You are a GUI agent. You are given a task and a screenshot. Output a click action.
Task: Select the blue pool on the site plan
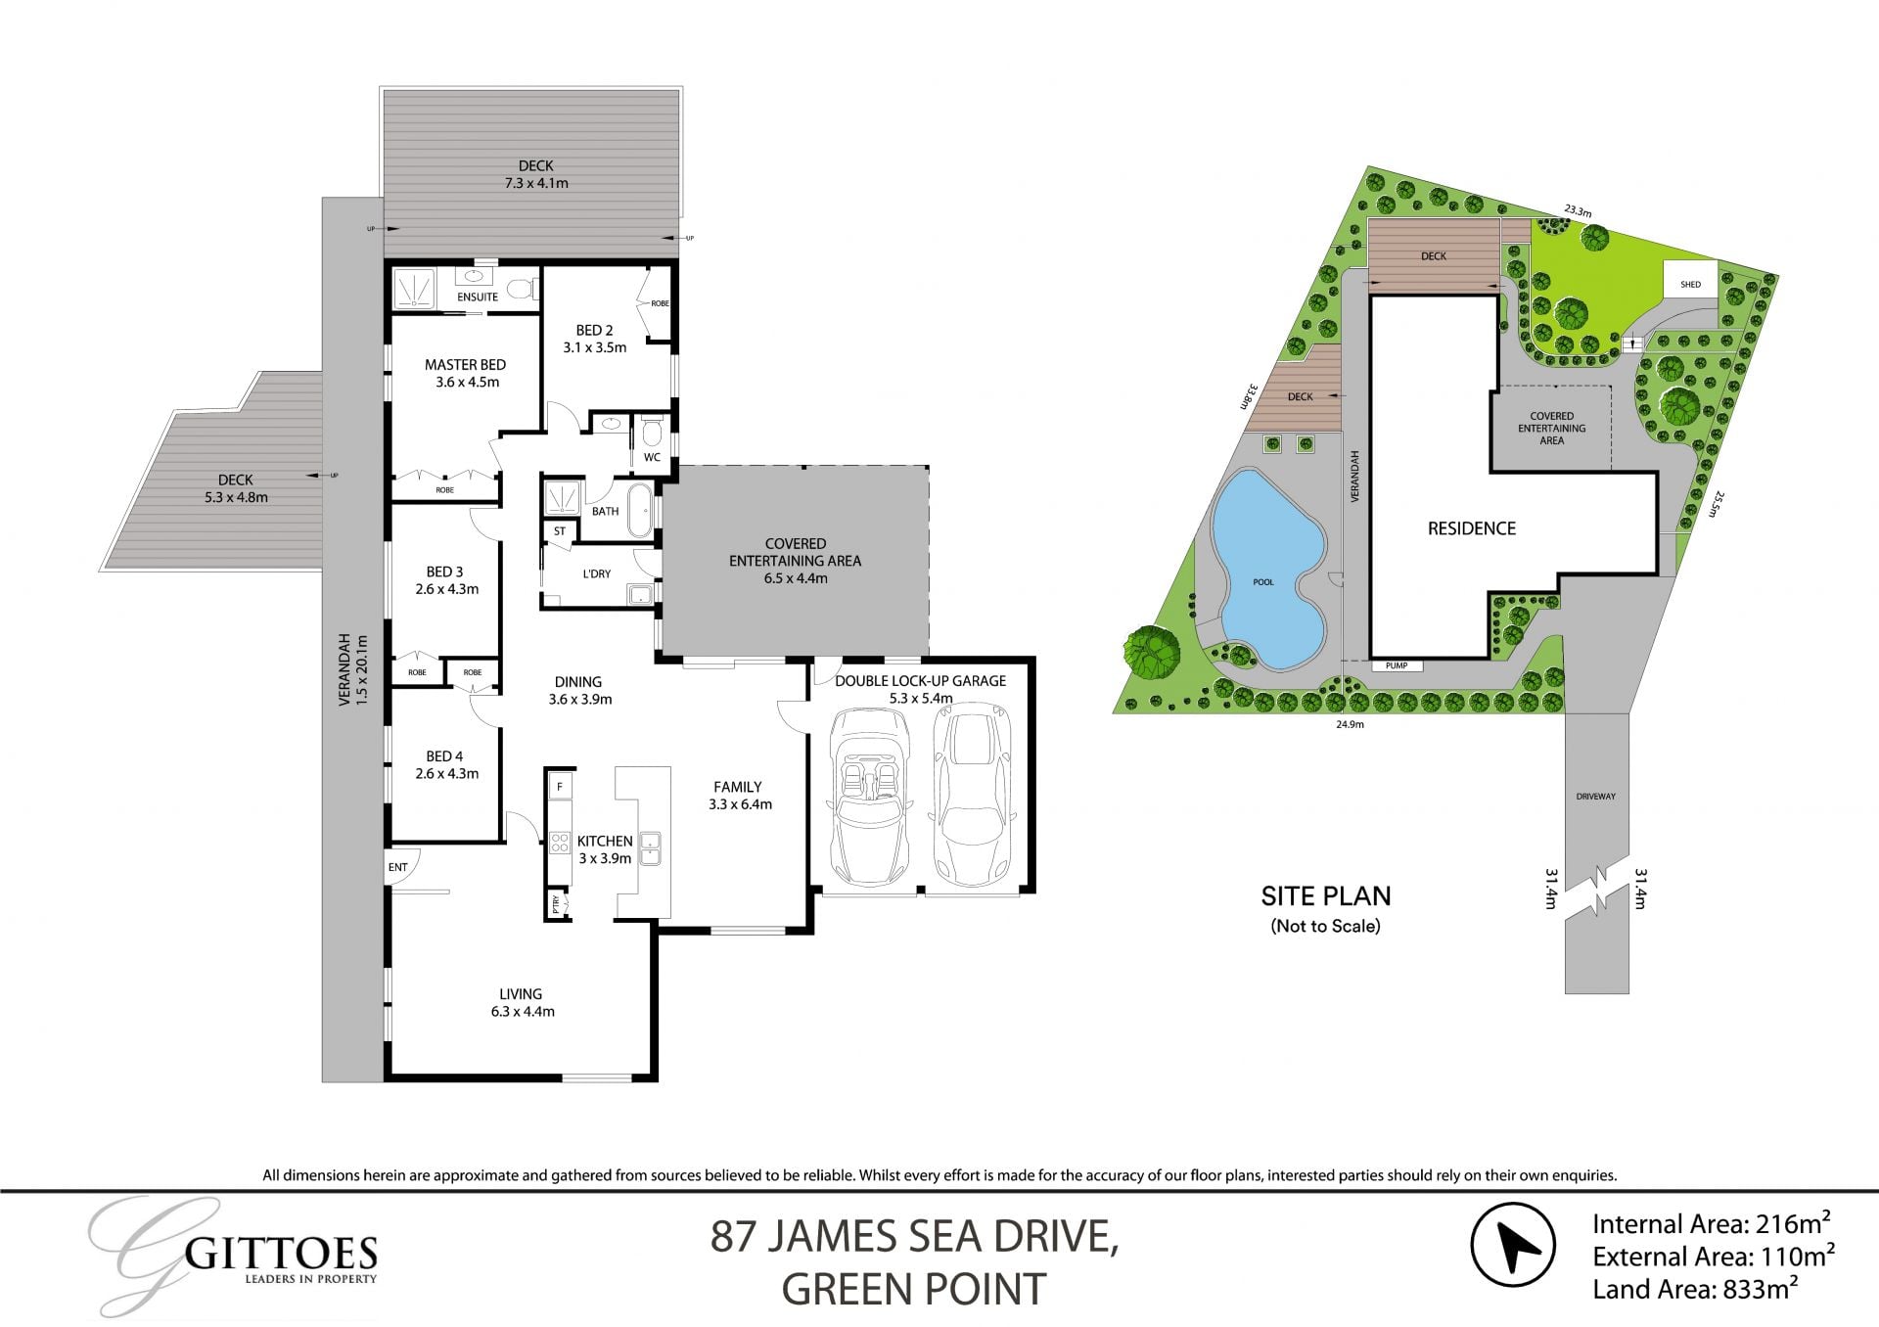tap(1267, 572)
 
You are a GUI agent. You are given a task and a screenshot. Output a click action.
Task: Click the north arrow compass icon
tap(1513, 1245)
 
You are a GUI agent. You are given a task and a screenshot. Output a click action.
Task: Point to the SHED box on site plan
tap(1690, 284)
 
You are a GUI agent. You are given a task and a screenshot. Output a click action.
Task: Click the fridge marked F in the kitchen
tap(560, 786)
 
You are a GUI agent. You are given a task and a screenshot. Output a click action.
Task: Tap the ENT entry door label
tap(397, 867)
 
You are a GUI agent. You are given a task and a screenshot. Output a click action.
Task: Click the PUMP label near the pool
tap(1396, 665)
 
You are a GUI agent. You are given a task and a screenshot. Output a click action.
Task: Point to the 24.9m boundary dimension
tap(1350, 724)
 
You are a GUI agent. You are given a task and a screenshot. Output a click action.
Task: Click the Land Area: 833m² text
tap(1695, 1289)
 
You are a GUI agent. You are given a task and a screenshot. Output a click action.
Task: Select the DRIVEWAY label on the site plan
tap(1595, 797)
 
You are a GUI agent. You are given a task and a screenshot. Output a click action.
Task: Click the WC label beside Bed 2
tap(652, 457)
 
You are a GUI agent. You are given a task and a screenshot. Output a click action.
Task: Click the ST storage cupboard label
tap(560, 531)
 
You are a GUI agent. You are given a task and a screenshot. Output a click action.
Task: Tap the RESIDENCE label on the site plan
tap(1471, 528)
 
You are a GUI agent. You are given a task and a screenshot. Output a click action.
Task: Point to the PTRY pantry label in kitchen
tap(556, 903)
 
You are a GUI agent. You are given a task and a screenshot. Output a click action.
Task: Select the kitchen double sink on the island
tap(650, 848)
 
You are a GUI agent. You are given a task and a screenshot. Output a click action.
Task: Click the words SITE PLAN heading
tap(1325, 895)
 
